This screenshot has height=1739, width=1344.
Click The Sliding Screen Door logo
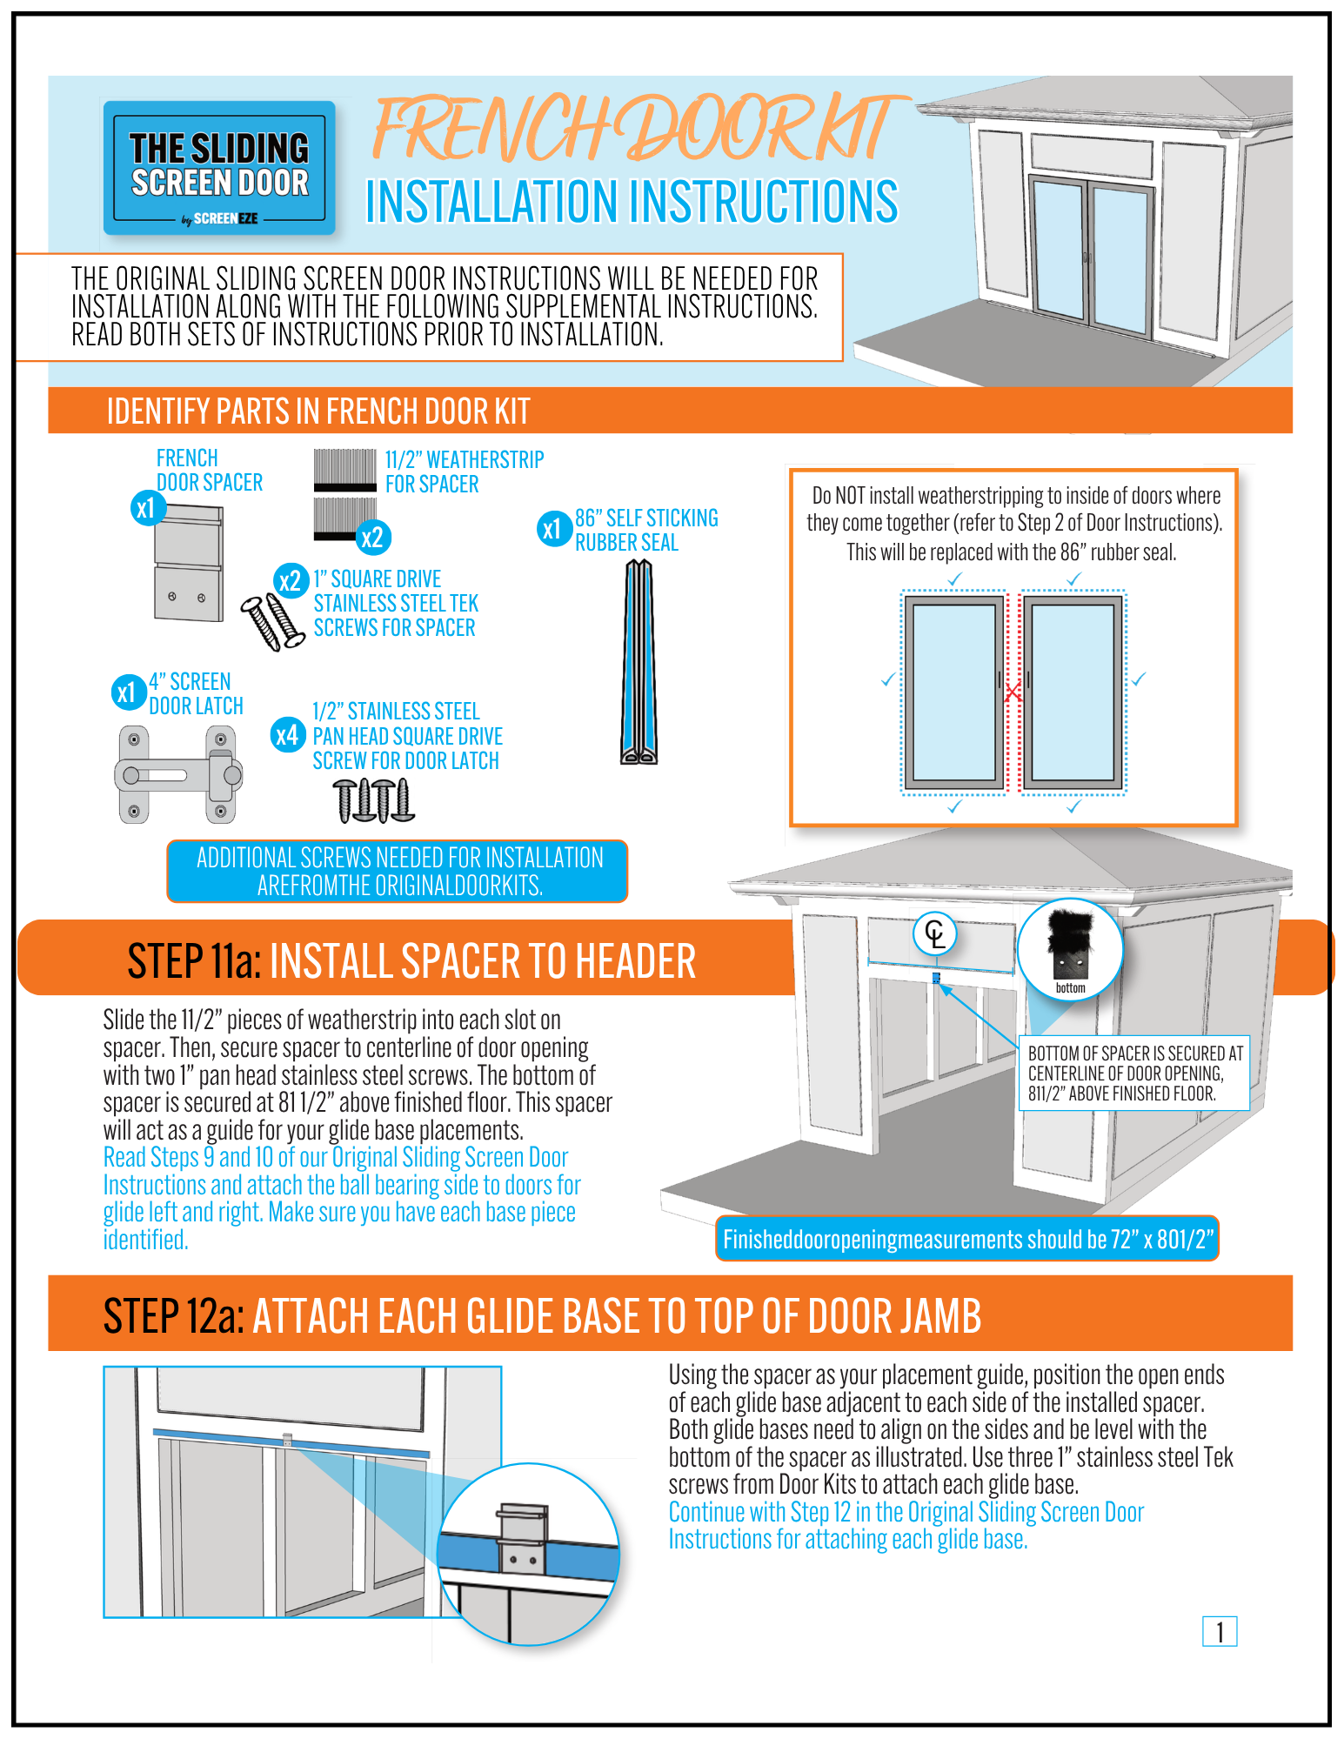[x=219, y=167]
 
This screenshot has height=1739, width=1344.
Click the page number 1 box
[x=1219, y=1631]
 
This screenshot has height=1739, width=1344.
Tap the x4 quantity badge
[x=287, y=736]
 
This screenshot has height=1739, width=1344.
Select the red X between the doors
[x=1013, y=693]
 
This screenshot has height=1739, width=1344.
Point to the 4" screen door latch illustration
[x=178, y=774]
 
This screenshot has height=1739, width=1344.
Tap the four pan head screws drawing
[x=374, y=800]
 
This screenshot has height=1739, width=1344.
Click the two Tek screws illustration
[x=272, y=621]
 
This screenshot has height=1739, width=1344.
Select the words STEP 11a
[x=193, y=962]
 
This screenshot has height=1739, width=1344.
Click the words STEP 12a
[x=173, y=1315]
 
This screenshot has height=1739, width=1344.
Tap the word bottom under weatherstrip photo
[x=1070, y=988]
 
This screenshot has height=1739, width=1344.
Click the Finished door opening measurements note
[x=966, y=1239]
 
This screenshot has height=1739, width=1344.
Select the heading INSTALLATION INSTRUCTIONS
[x=632, y=202]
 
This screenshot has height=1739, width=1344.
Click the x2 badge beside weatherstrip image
[x=372, y=537]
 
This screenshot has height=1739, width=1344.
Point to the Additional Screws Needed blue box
[x=398, y=871]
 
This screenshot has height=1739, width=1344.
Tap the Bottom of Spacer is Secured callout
[x=1133, y=1073]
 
